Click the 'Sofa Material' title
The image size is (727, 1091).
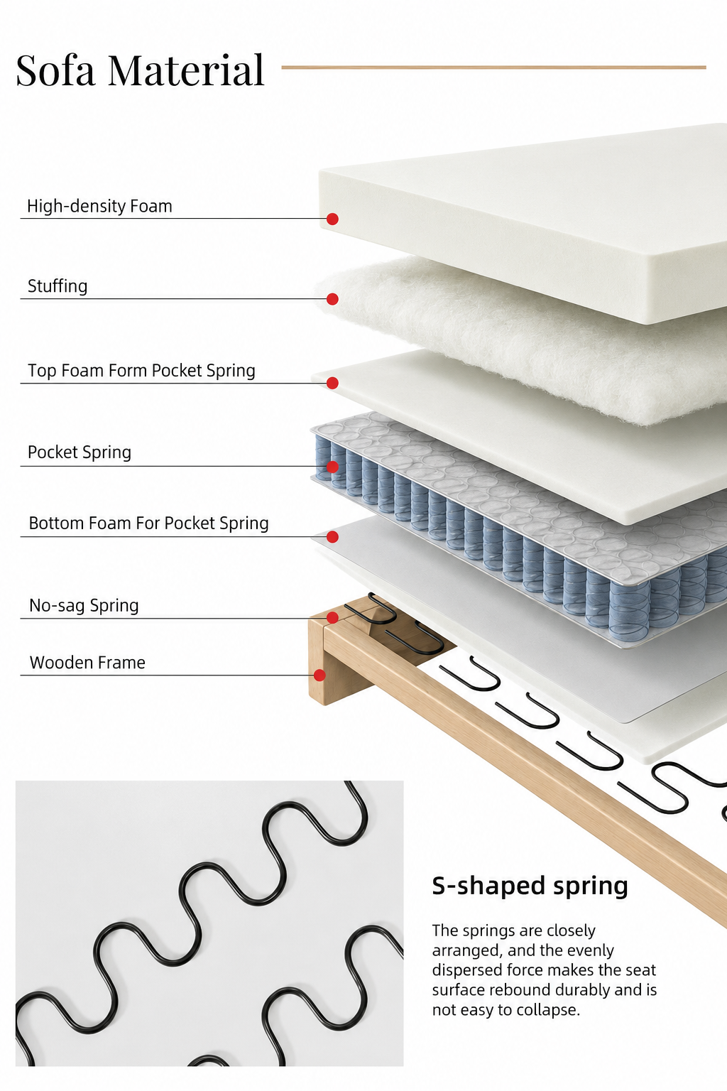pos(141,70)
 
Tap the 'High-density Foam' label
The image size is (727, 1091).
pos(100,206)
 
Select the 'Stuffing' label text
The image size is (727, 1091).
pos(58,286)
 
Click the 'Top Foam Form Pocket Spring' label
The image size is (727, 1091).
pos(141,371)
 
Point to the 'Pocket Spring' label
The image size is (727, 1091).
pos(80,452)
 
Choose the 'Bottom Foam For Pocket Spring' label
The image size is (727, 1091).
pos(148,523)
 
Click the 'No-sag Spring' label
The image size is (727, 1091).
pos(84,605)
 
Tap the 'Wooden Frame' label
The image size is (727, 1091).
pos(87,663)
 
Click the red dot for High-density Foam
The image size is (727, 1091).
pos(332,219)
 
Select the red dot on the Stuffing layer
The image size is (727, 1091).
pos(332,299)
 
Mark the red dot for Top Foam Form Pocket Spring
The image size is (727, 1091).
pos(332,384)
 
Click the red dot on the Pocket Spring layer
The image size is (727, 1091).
pos(332,467)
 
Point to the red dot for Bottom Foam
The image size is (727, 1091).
pos(332,537)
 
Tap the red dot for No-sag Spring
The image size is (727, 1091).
pos(332,618)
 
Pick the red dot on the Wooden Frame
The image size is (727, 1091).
pos(319,675)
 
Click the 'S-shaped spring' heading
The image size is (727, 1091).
pos(530,886)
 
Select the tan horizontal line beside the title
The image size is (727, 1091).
pos(493,67)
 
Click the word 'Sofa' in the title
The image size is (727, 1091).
pos(55,70)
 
